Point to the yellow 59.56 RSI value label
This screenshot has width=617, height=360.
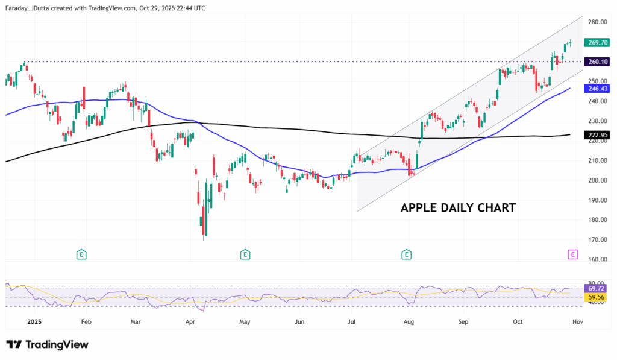click(597, 297)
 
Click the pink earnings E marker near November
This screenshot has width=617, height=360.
click(572, 254)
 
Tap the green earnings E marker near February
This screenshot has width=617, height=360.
click(81, 254)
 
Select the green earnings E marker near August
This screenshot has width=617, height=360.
click(407, 254)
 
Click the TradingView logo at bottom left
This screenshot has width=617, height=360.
click(48, 344)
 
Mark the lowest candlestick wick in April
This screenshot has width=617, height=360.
click(204, 239)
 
